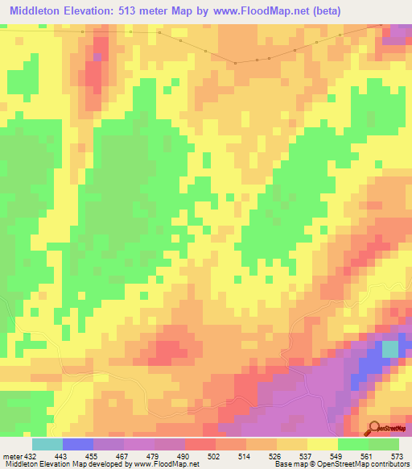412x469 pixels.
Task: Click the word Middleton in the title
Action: [x=39, y=11]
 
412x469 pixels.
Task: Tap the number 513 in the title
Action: [x=141, y=11]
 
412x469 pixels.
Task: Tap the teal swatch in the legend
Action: [x=47, y=445]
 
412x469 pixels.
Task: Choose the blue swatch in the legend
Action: [x=78, y=445]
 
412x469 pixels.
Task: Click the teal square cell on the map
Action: [x=389, y=349]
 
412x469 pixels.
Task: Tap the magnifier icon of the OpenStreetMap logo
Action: [x=375, y=426]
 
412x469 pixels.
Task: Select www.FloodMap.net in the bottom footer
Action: [x=160, y=463]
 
